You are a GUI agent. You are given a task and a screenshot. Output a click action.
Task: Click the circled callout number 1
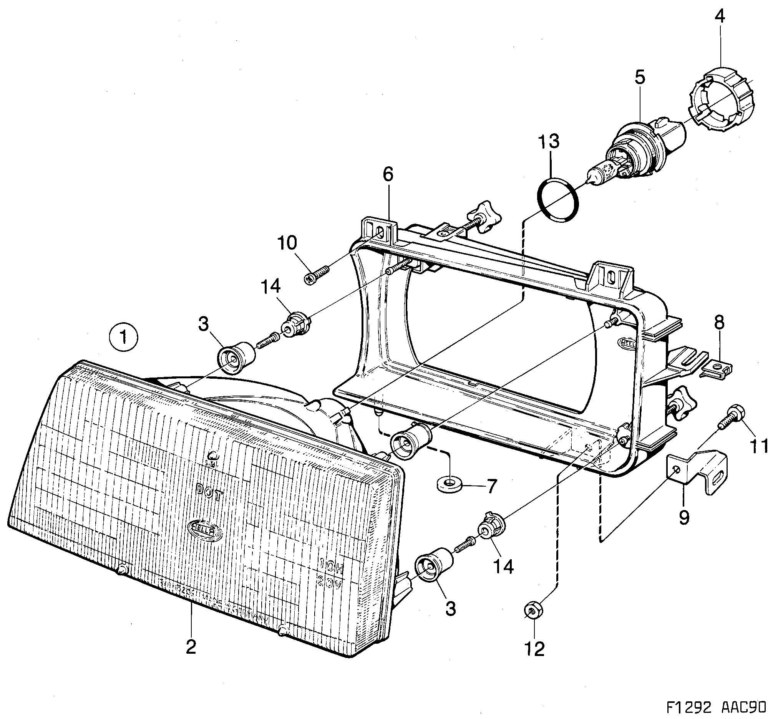(x=123, y=337)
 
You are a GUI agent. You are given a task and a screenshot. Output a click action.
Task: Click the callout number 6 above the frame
(x=388, y=175)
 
